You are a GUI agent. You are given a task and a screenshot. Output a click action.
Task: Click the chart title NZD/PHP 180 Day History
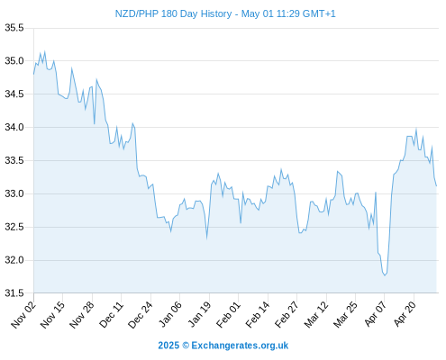pos(173,13)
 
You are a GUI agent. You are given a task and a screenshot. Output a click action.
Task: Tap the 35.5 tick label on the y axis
pos(14,28)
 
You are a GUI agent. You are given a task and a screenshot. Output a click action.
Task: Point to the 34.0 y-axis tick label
pos(14,127)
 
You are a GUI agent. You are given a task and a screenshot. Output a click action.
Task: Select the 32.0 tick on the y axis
pos(14,260)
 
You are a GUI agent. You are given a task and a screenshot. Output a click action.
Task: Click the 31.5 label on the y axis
pos(14,293)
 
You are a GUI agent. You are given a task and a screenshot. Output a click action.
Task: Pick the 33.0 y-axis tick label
pos(14,193)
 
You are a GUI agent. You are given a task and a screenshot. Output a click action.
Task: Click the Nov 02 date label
pos(23,314)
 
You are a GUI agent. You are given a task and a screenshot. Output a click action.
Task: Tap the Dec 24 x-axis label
pos(141,314)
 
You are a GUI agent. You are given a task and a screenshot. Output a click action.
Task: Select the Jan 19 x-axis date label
pos(199,314)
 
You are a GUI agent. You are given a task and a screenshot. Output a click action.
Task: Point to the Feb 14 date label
pos(258,314)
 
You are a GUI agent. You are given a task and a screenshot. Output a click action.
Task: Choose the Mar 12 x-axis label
pos(316,314)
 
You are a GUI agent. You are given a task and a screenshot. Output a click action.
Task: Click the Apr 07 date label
pos(375,314)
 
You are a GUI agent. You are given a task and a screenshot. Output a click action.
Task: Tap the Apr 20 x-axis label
pos(405,314)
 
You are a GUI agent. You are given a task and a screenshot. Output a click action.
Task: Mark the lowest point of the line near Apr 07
pos(385,275)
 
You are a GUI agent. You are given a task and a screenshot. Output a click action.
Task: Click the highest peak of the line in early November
pos(45,51)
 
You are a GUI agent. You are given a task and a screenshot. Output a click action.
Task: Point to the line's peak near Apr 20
pos(416,130)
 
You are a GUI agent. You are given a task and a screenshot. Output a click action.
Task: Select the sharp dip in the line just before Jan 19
pos(207,238)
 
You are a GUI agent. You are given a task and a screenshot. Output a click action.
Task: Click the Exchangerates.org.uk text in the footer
pos(240,346)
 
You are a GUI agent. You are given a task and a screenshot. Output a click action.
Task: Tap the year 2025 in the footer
pos(168,346)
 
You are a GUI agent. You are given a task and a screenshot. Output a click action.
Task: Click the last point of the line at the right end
pos(436,186)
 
